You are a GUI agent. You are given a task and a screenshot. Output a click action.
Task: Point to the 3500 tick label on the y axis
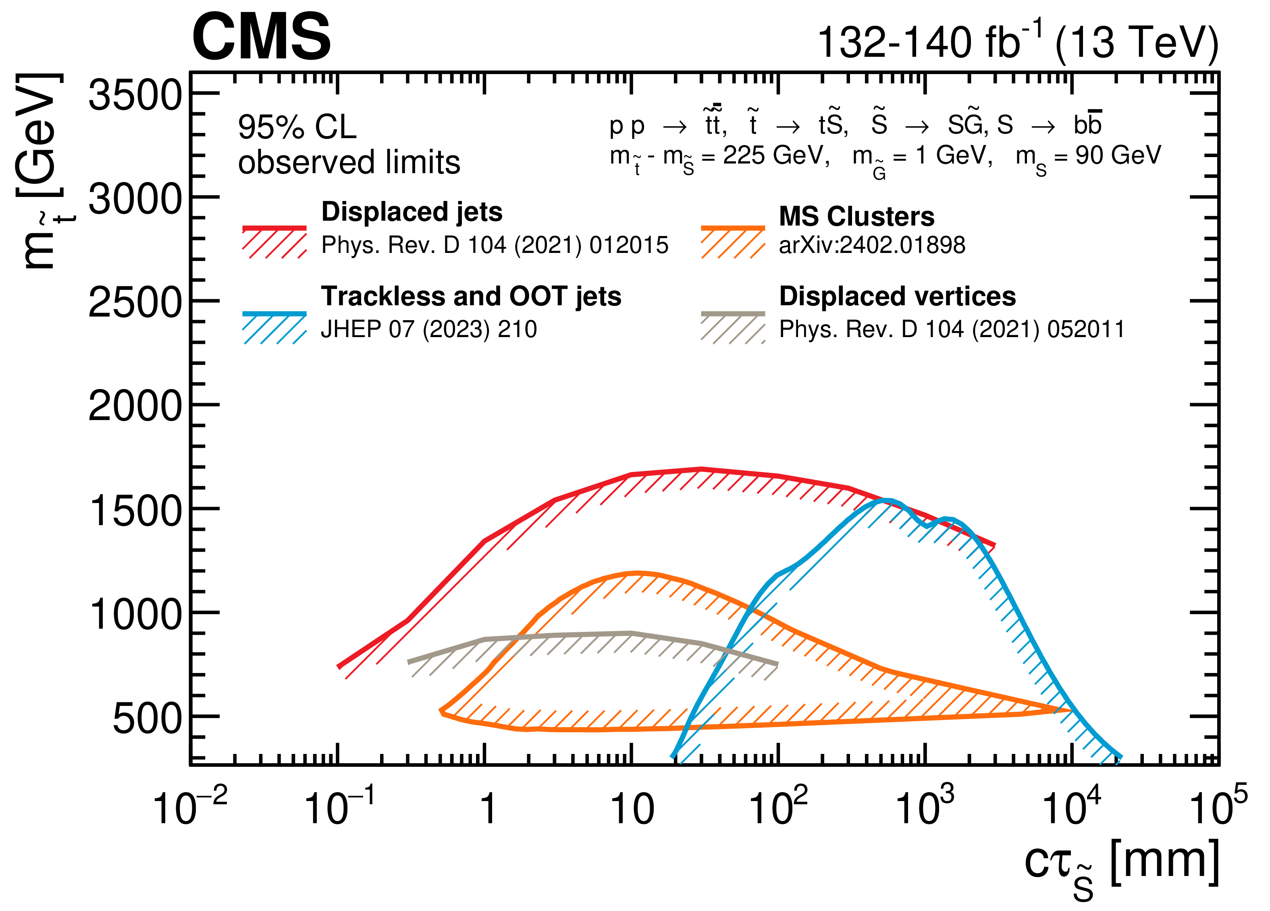click(x=135, y=95)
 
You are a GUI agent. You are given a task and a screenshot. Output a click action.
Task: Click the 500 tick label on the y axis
click(x=147, y=718)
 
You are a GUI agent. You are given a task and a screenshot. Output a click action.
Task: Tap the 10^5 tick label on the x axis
click(x=1217, y=806)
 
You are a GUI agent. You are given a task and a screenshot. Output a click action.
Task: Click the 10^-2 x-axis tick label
click(x=189, y=806)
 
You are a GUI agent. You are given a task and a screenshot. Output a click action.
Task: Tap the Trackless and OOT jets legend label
click(x=471, y=296)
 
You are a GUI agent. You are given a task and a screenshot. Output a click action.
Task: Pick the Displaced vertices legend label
click(x=897, y=296)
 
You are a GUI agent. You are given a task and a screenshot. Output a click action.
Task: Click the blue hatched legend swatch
click(x=274, y=327)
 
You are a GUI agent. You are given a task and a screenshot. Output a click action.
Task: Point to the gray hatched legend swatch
click(x=732, y=327)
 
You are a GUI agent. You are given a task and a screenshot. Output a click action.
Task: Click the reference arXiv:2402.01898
click(x=872, y=245)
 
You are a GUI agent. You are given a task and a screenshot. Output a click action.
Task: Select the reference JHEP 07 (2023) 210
click(x=428, y=329)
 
